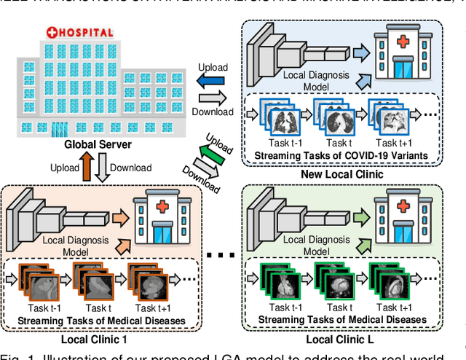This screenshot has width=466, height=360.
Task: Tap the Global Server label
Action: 98,144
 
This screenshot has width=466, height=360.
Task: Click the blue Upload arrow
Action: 213,81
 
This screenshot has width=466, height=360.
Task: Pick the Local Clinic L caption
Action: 344,338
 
